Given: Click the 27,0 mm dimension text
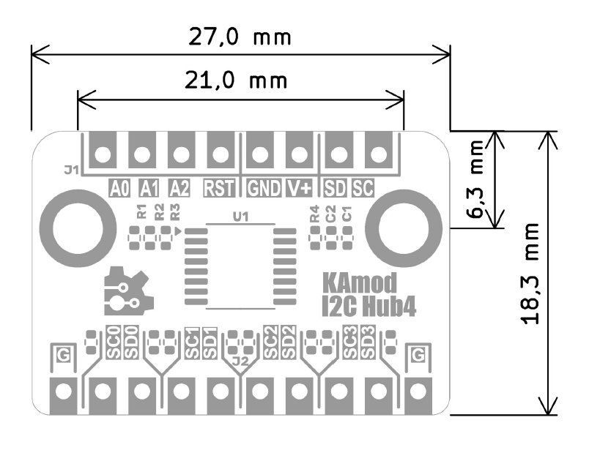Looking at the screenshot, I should (240, 37).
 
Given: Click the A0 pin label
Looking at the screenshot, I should (119, 188).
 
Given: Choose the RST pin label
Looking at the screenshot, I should (219, 188).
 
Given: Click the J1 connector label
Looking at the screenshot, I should (70, 170).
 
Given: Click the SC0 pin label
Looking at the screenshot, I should (114, 342).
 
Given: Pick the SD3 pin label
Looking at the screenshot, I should (368, 342).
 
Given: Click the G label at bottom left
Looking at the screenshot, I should (64, 355).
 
